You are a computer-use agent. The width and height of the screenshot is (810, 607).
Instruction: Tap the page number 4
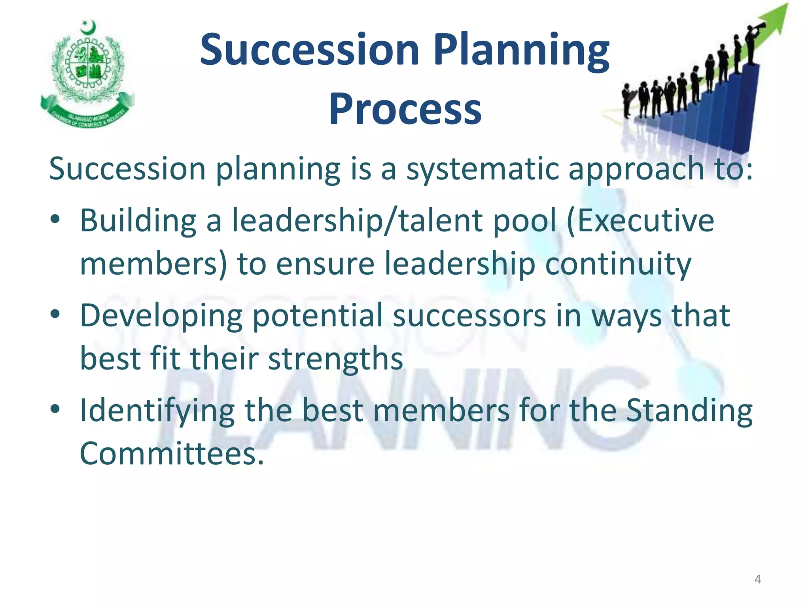757,579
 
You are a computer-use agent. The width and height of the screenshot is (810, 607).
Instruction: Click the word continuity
618,264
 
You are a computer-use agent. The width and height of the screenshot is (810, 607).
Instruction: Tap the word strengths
335,358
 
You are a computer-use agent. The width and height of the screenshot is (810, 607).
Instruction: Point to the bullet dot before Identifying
55,409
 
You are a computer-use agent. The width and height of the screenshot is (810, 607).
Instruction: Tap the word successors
469,316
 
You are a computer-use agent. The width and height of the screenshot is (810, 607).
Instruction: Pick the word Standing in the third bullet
689,411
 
